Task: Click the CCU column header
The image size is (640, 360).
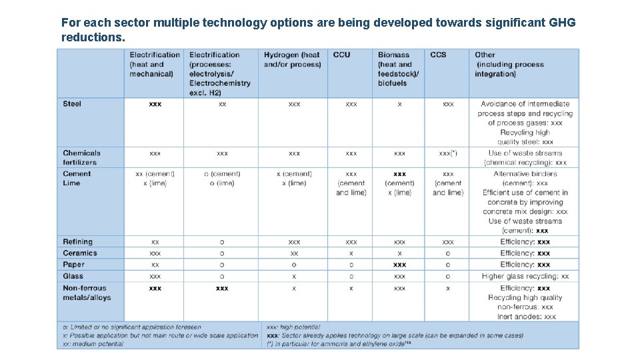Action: click(341, 55)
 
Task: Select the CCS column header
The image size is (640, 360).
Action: click(438, 55)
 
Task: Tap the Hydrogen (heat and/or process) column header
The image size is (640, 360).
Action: click(292, 59)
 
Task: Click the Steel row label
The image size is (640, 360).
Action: click(72, 104)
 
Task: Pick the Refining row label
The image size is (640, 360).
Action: click(77, 242)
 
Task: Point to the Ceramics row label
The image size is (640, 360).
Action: click(80, 253)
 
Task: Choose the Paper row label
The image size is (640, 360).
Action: click(73, 265)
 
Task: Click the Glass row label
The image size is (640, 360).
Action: click(73, 276)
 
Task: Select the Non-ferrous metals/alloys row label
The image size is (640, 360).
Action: click(87, 293)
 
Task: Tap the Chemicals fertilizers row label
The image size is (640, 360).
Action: click(81, 157)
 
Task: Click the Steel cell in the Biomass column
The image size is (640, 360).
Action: click(399, 104)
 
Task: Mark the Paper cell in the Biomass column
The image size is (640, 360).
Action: click(399, 265)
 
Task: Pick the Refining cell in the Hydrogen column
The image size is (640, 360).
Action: click(294, 242)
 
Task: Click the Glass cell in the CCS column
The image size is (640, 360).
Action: click(447, 276)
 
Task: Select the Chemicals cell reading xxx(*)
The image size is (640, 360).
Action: click(448, 153)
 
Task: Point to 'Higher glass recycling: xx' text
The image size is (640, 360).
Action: click(525, 276)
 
